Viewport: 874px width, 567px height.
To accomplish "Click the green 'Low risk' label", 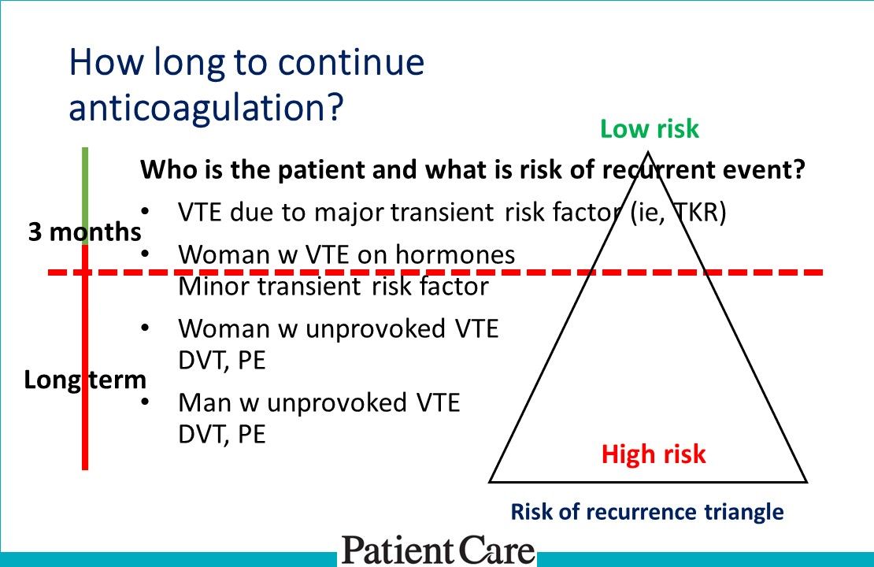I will tap(649, 128).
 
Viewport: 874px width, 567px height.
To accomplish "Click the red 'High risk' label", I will tap(654, 454).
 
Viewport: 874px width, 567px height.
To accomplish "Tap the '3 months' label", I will tap(84, 232).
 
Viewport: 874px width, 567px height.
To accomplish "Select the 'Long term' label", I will tap(85, 380).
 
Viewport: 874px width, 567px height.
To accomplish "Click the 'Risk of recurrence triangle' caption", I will tap(647, 513).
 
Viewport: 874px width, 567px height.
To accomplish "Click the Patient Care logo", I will tap(438, 550).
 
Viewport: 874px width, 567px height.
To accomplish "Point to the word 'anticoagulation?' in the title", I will tap(207, 107).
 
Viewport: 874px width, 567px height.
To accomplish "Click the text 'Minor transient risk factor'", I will tap(333, 286).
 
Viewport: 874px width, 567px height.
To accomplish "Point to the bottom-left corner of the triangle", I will tap(491, 480).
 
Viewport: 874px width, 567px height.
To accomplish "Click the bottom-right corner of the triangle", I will tap(805, 480).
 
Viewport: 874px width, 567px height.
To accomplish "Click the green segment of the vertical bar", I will tap(85, 189).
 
